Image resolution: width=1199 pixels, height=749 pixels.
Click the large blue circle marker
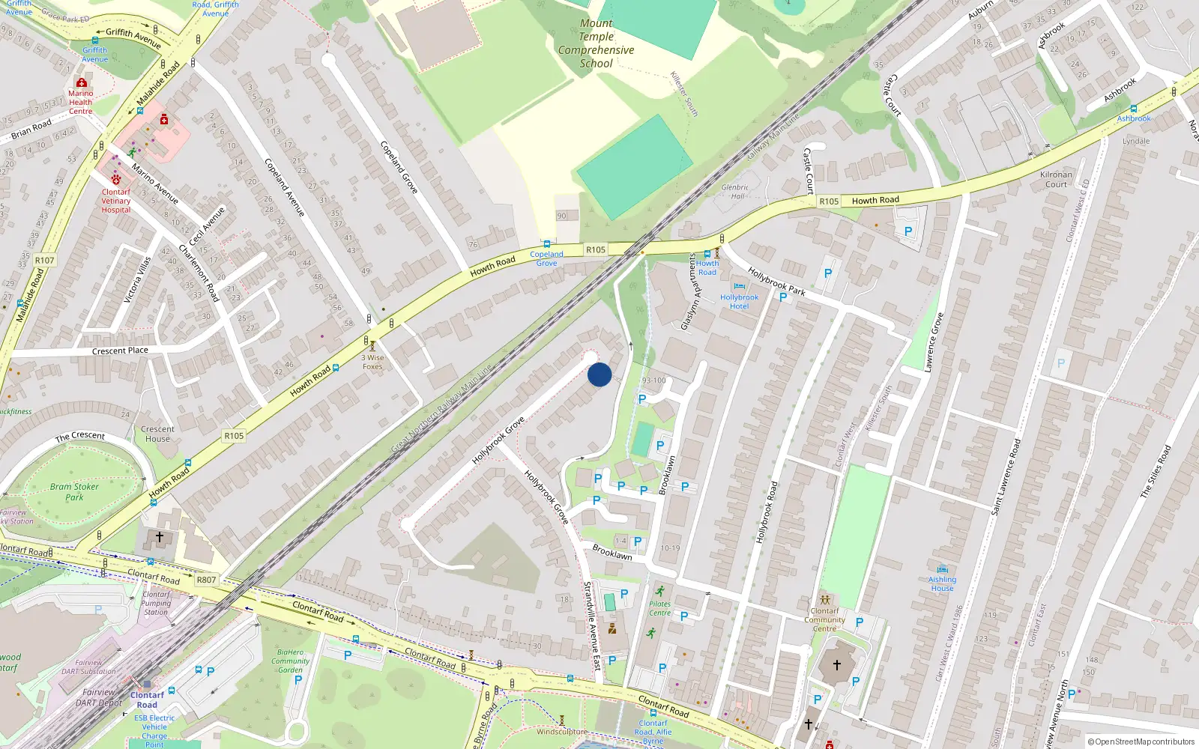[599, 374]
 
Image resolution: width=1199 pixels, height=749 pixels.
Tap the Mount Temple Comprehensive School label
[596, 43]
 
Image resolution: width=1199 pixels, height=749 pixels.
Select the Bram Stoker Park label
[74, 491]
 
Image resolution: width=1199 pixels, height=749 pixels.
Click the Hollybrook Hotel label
[739, 301]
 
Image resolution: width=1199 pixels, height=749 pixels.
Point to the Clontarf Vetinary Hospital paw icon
[116, 179]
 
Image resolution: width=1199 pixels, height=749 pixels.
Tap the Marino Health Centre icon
[82, 82]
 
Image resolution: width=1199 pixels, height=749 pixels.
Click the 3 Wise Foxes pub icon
[372, 346]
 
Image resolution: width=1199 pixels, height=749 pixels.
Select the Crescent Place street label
[120, 351]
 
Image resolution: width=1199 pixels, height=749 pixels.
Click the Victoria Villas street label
[137, 280]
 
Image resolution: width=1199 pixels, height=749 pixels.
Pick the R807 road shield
[206, 580]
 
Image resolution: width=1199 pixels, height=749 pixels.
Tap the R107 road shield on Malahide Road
[45, 260]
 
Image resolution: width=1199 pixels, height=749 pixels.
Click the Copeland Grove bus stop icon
[547, 244]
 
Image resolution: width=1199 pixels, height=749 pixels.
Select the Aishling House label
[942, 583]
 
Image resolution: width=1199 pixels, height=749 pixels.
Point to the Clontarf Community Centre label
[824, 619]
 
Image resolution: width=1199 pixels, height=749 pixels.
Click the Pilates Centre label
[659, 608]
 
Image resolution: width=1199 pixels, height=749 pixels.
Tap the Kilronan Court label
[1056, 179]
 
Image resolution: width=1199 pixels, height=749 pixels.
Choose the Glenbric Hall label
[735, 192]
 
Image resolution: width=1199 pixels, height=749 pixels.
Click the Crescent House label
[157, 434]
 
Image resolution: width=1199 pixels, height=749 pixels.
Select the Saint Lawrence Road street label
[1006, 477]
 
